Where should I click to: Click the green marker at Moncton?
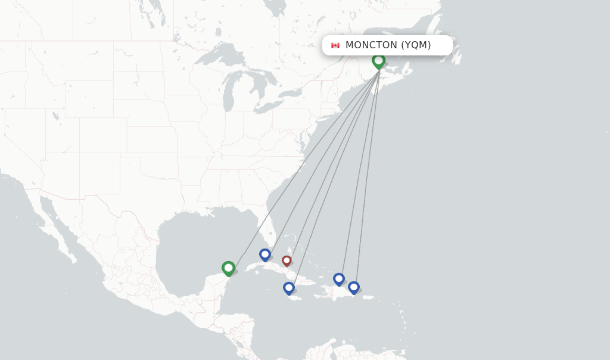(x=378, y=61)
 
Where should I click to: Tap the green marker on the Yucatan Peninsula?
(x=228, y=268)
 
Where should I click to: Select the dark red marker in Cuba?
(x=287, y=260)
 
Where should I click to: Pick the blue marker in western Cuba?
(x=265, y=255)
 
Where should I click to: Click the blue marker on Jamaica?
(x=289, y=288)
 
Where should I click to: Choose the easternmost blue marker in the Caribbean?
(x=354, y=287)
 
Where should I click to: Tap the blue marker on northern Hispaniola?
(x=339, y=278)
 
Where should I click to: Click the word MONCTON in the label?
(x=371, y=45)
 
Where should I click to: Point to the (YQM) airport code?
(x=416, y=45)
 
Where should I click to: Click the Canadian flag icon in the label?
(x=335, y=45)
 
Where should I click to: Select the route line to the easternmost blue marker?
(x=368, y=173)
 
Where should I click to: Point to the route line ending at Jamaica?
(x=334, y=179)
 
